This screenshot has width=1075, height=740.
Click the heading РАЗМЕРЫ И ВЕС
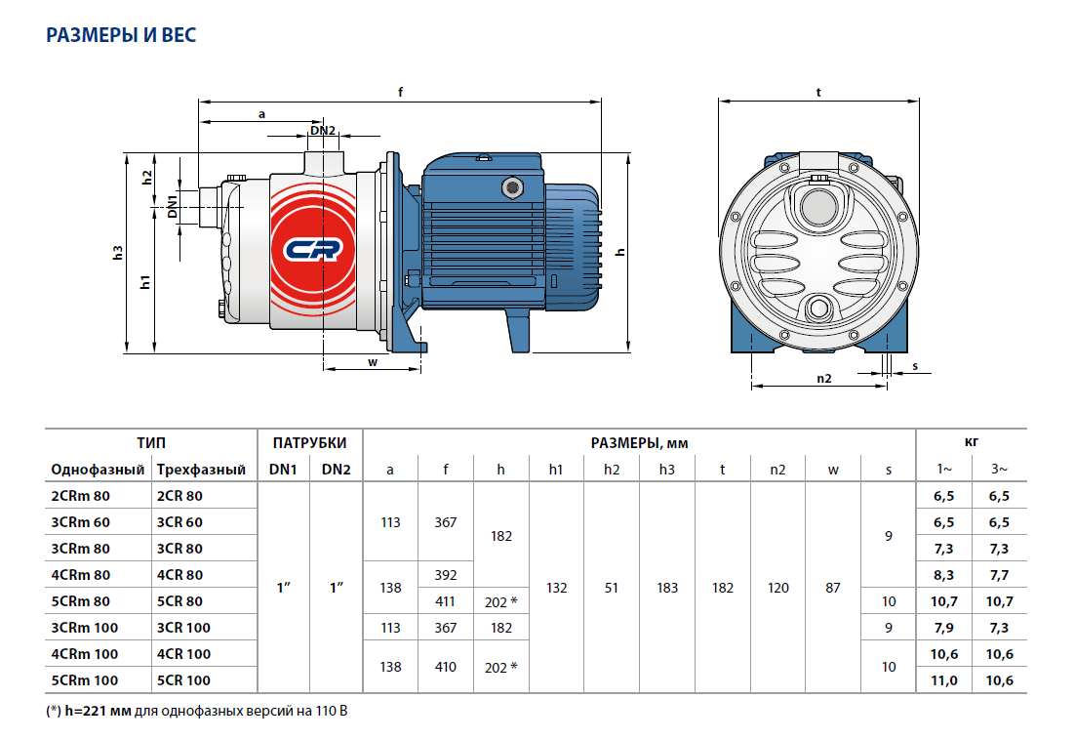click(121, 36)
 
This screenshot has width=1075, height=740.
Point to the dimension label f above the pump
click(401, 92)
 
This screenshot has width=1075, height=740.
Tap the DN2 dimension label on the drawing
click(323, 131)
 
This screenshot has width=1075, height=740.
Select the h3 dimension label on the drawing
click(118, 252)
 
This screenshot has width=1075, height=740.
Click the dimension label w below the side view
click(372, 361)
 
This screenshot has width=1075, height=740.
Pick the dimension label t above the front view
click(818, 92)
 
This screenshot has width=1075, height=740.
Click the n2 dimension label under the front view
click(823, 379)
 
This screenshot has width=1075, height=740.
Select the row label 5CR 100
click(183, 680)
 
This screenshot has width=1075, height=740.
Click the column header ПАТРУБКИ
click(309, 443)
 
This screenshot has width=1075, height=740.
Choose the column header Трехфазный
click(201, 470)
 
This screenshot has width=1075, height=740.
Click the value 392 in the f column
click(445, 575)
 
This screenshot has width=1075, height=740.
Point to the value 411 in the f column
click(445, 601)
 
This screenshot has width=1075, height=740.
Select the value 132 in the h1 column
click(556, 589)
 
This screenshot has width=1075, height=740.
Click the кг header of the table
click(972, 443)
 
